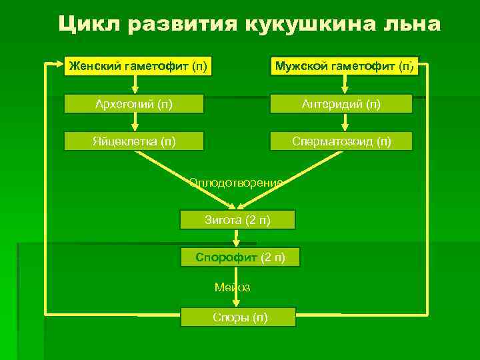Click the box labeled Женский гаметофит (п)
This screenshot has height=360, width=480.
point(137,65)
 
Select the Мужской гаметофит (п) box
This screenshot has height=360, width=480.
point(345,65)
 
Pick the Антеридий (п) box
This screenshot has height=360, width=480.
point(341,103)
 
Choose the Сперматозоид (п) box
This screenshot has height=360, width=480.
point(341,141)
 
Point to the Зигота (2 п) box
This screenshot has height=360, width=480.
point(237,219)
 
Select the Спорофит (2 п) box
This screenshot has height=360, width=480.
point(240,257)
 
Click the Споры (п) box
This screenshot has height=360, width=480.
point(238,317)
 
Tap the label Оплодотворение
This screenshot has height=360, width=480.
point(236,181)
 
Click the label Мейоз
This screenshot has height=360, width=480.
point(232,287)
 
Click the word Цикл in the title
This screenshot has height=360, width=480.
point(84,25)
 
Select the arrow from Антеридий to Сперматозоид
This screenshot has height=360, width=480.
point(345,121)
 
